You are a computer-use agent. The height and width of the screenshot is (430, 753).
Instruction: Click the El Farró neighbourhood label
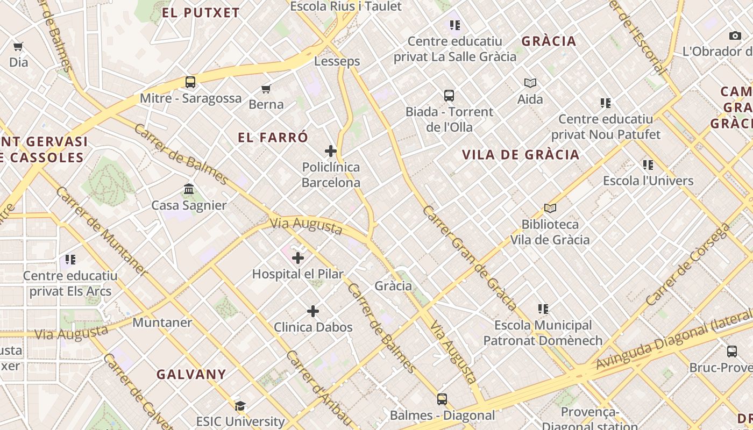[x=273, y=138]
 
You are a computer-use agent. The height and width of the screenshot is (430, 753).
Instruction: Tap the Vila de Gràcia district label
[x=521, y=155]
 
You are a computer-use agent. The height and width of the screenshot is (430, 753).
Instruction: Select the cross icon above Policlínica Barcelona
[x=331, y=151]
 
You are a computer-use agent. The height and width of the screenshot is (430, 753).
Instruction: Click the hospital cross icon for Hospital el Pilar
[x=298, y=258]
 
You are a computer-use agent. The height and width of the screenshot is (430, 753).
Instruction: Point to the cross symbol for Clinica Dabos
[x=313, y=311]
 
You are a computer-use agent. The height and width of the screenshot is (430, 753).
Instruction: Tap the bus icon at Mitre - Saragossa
[x=190, y=82]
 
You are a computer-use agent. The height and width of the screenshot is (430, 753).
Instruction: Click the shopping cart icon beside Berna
[x=266, y=89]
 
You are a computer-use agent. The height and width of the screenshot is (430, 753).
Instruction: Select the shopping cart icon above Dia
[x=18, y=47]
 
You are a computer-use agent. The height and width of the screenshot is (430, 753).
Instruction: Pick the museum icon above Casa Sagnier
[x=189, y=189]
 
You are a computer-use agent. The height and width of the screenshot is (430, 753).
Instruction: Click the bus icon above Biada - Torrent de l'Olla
[x=449, y=96]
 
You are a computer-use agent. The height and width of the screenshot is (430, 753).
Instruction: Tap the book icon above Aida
[x=530, y=83]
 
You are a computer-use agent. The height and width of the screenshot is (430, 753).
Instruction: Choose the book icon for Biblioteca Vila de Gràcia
[x=550, y=208]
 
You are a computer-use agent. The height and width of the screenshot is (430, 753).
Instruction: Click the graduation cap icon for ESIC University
[x=240, y=406]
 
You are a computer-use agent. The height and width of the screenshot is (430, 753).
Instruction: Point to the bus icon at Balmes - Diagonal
[x=442, y=399]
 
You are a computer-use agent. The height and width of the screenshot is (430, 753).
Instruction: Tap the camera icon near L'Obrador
[x=735, y=36]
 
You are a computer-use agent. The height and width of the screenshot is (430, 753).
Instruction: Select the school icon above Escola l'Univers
[x=648, y=164]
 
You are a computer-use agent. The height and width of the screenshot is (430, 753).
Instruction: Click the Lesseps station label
[x=337, y=61]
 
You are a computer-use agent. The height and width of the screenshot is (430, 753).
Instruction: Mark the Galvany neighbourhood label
[x=191, y=374]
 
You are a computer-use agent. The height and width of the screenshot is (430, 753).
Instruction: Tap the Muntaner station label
[x=162, y=322]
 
